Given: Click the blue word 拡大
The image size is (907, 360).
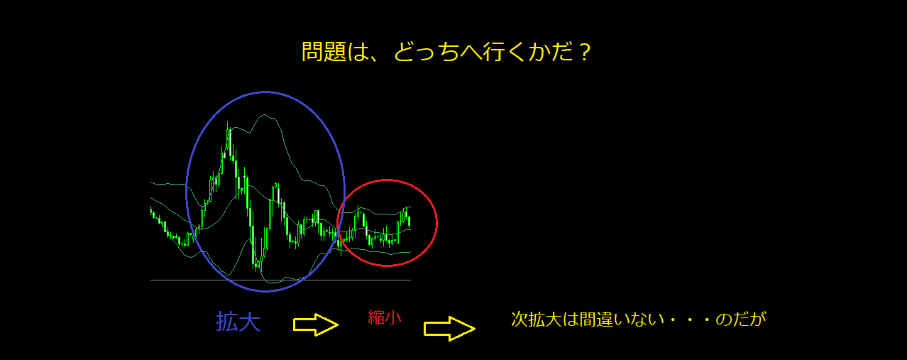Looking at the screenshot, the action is pyautogui.click(x=238, y=322).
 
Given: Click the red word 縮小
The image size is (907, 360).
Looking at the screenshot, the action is pyautogui.click(x=384, y=317).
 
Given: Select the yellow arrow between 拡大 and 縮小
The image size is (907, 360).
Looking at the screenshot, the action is pyautogui.click(x=316, y=324).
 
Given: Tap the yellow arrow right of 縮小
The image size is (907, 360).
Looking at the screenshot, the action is pyautogui.click(x=449, y=329).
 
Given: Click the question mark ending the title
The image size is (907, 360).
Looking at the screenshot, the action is pyautogui.click(x=584, y=53).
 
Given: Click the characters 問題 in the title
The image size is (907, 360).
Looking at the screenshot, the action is pyautogui.click(x=324, y=53).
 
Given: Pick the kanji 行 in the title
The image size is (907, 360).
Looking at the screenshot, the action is pyautogui.click(x=493, y=53).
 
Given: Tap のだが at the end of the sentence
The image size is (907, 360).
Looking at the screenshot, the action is pyautogui.click(x=741, y=320).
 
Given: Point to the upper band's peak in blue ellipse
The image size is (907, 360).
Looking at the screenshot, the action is pyautogui.click(x=265, y=115).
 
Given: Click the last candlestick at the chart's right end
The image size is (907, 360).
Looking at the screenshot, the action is pyautogui.click(x=409, y=222).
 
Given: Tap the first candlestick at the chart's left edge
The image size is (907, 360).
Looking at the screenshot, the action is pyautogui.click(x=151, y=212).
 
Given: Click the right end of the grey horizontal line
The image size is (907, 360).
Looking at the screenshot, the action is pyautogui.click(x=411, y=280).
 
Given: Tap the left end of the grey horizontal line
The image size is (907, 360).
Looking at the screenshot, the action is pyautogui.click(x=150, y=280).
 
